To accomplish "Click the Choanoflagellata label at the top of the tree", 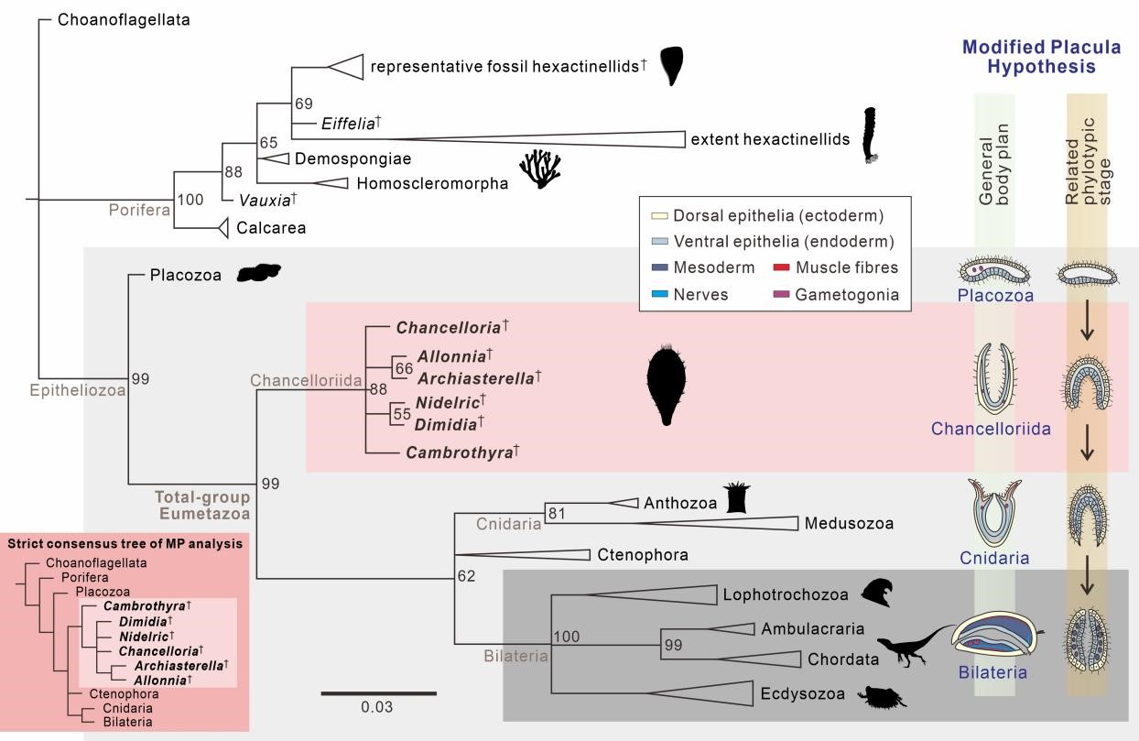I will pyautogui.click(x=124, y=19).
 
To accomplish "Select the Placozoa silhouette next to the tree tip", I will pyautogui.click(x=258, y=272).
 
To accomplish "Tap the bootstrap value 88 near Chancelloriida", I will pyautogui.click(x=378, y=389).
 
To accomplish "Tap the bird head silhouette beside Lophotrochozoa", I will pyautogui.click(x=876, y=593).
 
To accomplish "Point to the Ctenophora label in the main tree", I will pyautogui.click(x=642, y=554).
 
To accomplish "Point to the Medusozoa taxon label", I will pyautogui.click(x=849, y=523).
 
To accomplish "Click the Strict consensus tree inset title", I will pyautogui.click(x=125, y=543).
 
